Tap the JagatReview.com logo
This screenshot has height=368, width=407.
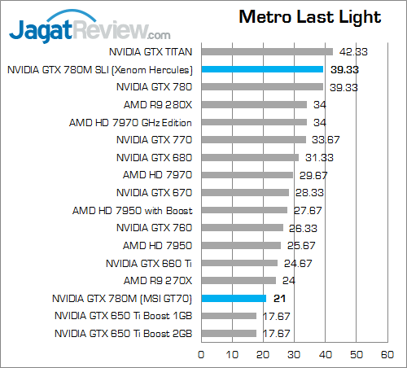tap(90, 30)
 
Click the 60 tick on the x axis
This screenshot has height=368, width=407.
tap(387, 354)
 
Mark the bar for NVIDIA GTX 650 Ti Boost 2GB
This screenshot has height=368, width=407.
tap(229, 333)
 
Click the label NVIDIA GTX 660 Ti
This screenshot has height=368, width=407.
tap(149, 263)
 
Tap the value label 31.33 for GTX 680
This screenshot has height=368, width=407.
tap(318, 157)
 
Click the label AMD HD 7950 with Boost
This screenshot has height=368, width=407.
tap(132, 210)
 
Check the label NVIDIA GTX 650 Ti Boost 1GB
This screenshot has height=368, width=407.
tap(124, 316)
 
